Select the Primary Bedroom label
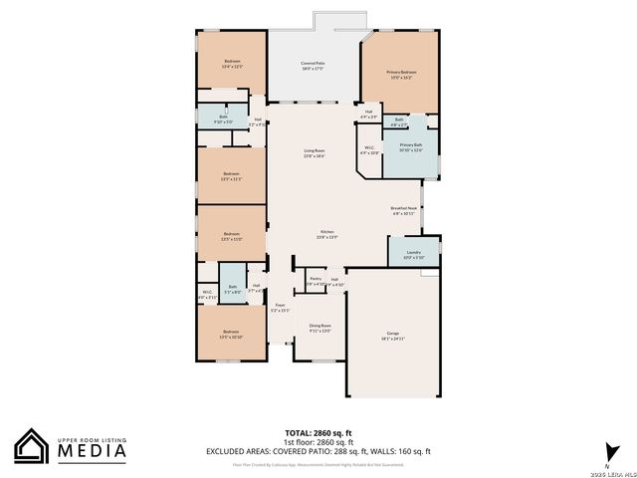tap(401, 74)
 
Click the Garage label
tap(392, 335)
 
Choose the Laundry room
tap(413, 254)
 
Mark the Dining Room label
tap(319, 328)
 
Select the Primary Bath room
tap(411, 147)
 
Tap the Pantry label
tap(315, 281)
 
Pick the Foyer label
tap(280, 307)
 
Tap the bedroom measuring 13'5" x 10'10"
tap(231, 334)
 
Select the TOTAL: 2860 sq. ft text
tap(318, 432)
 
